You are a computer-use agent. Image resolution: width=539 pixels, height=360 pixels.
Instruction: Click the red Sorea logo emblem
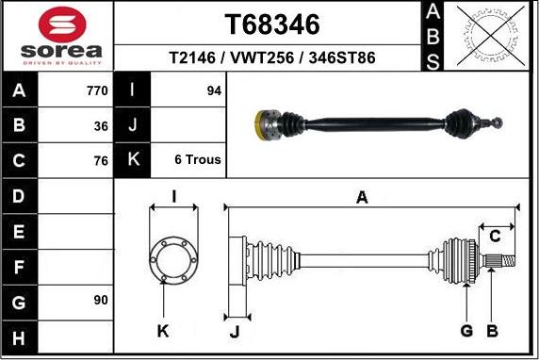click(62, 25)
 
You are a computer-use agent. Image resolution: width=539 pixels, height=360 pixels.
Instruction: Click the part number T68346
click(272, 25)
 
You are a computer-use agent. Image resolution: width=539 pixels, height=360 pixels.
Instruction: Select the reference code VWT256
click(262, 57)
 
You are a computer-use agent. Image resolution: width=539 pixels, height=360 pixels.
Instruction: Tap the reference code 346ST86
click(342, 57)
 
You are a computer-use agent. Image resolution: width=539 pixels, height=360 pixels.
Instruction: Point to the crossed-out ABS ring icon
click(491, 36)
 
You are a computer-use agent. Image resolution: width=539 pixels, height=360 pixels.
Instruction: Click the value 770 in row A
click(97, 90)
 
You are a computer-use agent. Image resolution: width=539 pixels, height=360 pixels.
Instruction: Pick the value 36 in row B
click(101, 126)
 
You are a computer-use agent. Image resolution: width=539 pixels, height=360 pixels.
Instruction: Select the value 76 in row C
click(101, 160)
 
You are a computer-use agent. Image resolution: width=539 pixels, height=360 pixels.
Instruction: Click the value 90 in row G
click(101, 300)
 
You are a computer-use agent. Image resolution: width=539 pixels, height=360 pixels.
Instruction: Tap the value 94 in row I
click(214, 90)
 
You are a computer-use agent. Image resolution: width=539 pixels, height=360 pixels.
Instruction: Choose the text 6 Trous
click(198, 159)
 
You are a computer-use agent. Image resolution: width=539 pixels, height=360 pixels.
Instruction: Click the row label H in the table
click(19, 338)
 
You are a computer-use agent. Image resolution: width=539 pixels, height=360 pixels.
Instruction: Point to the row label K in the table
click(133, 159)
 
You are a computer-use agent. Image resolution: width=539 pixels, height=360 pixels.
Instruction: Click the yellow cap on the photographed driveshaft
click(259, 125)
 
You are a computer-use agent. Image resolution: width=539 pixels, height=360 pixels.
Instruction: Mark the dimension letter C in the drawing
click(495, 237)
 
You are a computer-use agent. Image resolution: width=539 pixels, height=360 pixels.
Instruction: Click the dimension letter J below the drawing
click(235, 332)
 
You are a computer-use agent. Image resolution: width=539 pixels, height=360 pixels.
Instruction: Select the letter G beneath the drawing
click(466, 331)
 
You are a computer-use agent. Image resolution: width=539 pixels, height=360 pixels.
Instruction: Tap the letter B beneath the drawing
click(492, 331)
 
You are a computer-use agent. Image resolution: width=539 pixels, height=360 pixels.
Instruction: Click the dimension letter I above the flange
click(174, 197)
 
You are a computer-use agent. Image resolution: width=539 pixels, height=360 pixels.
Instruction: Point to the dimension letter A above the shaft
click(362, 198)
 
